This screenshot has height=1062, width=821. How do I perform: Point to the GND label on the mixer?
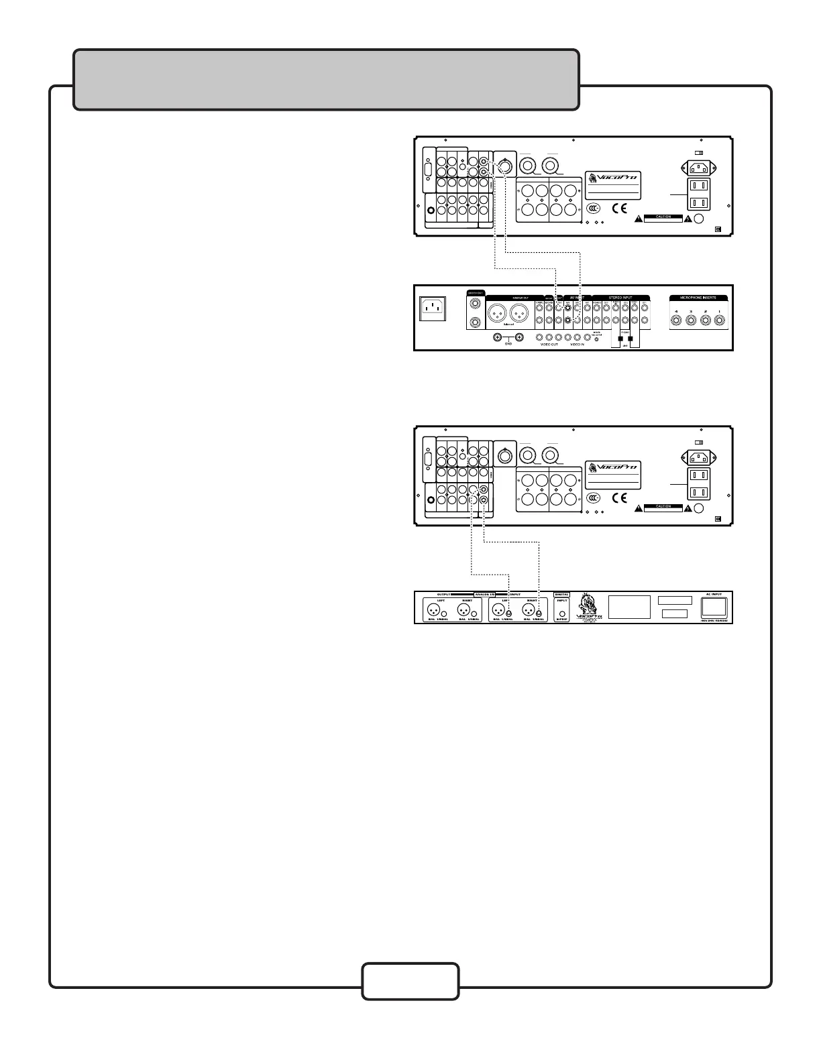508,345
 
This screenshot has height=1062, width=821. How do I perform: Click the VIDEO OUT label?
549,345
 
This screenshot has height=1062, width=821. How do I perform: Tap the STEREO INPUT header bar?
620,297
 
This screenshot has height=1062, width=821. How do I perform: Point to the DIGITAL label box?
562,595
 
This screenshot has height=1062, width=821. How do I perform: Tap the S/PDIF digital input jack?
562,613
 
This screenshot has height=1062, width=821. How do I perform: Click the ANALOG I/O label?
483,595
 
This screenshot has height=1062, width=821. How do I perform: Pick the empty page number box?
410,982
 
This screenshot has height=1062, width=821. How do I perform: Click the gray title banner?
326,79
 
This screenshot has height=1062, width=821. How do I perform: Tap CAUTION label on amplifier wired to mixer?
663,217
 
